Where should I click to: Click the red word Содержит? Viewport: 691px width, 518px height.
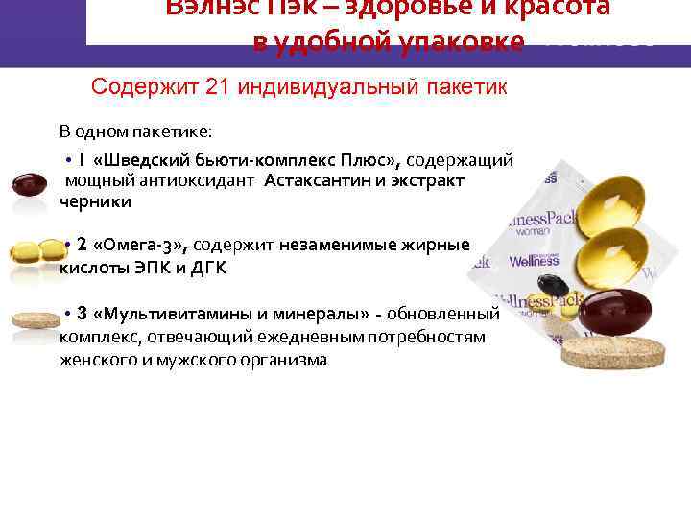145,87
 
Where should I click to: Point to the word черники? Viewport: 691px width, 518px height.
95,201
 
